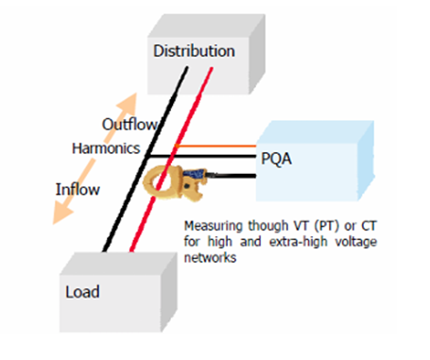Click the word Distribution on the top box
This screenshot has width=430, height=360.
[x=194, y=51]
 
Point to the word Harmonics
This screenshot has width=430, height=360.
[x=105, y=148]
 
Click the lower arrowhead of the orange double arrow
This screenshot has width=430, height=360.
[x=60, y=219]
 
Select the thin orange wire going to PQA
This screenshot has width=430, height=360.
[x=217, y=146]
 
